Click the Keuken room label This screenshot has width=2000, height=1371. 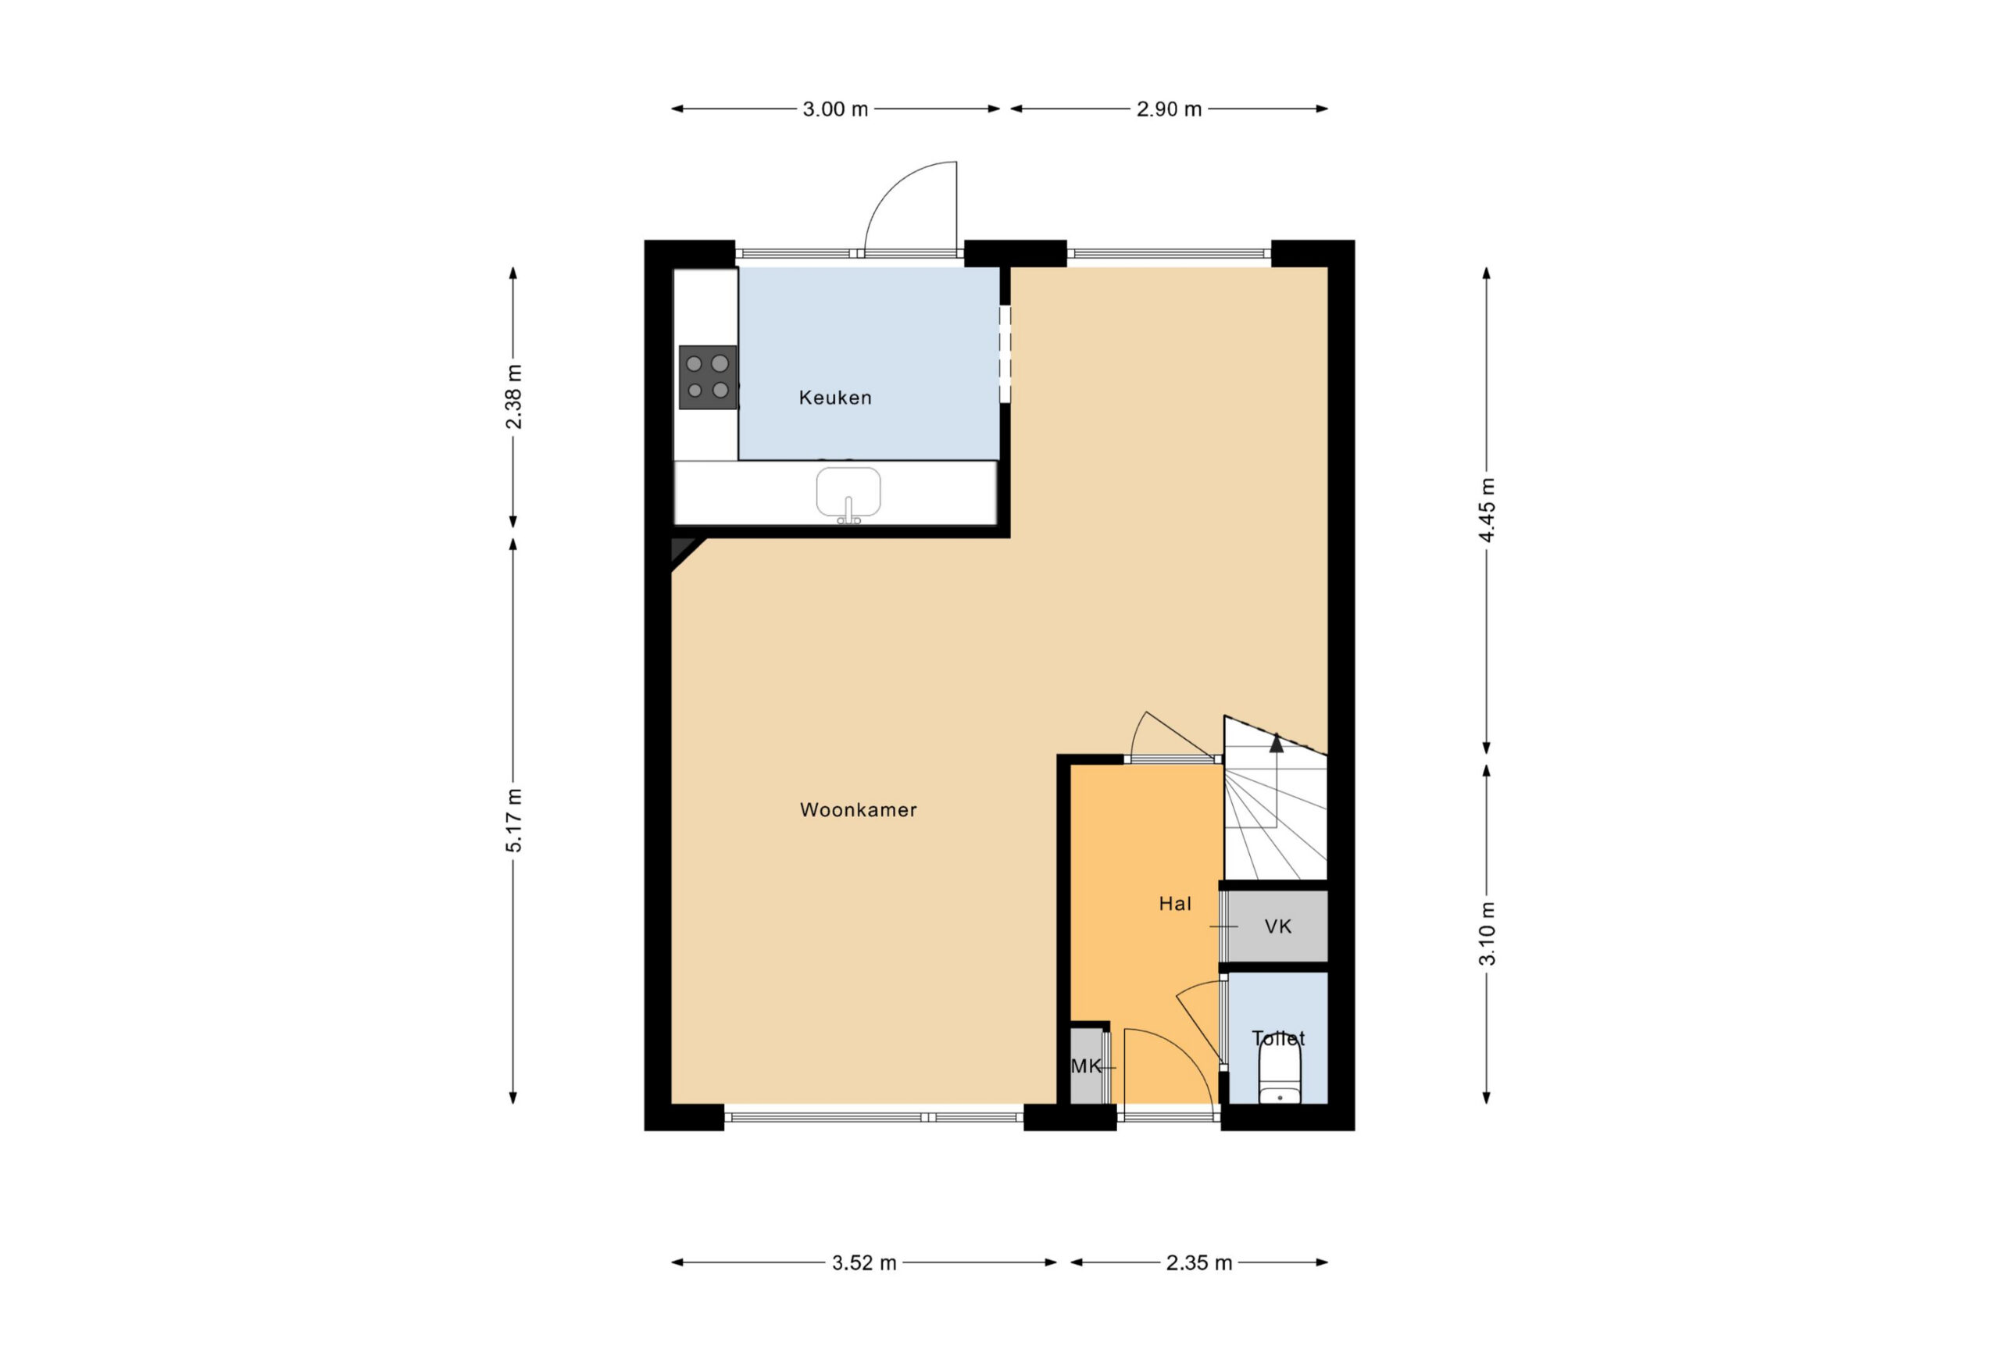tap(835, 398)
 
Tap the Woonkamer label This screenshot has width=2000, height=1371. tap(858, 810)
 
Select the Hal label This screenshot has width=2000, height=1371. tap(1175, 904)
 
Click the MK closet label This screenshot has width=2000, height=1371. tap(1085, 1066)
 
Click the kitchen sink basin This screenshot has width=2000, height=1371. tap(848, 492)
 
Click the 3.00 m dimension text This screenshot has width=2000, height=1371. tap(835, 109)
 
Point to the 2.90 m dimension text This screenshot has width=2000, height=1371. tap(1169, 109)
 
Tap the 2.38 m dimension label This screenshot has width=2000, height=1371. tap(514, 397)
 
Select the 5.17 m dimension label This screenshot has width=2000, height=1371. tap(514, 820)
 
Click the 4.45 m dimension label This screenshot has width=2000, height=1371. tap(1487, 509)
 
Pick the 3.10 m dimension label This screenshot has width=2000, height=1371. tap(1487, 934)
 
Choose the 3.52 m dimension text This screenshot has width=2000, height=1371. tap(864, 1262)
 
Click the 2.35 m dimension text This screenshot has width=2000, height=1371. tap(1198, 1262)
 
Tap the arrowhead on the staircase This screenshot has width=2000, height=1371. tap(1277, 743)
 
